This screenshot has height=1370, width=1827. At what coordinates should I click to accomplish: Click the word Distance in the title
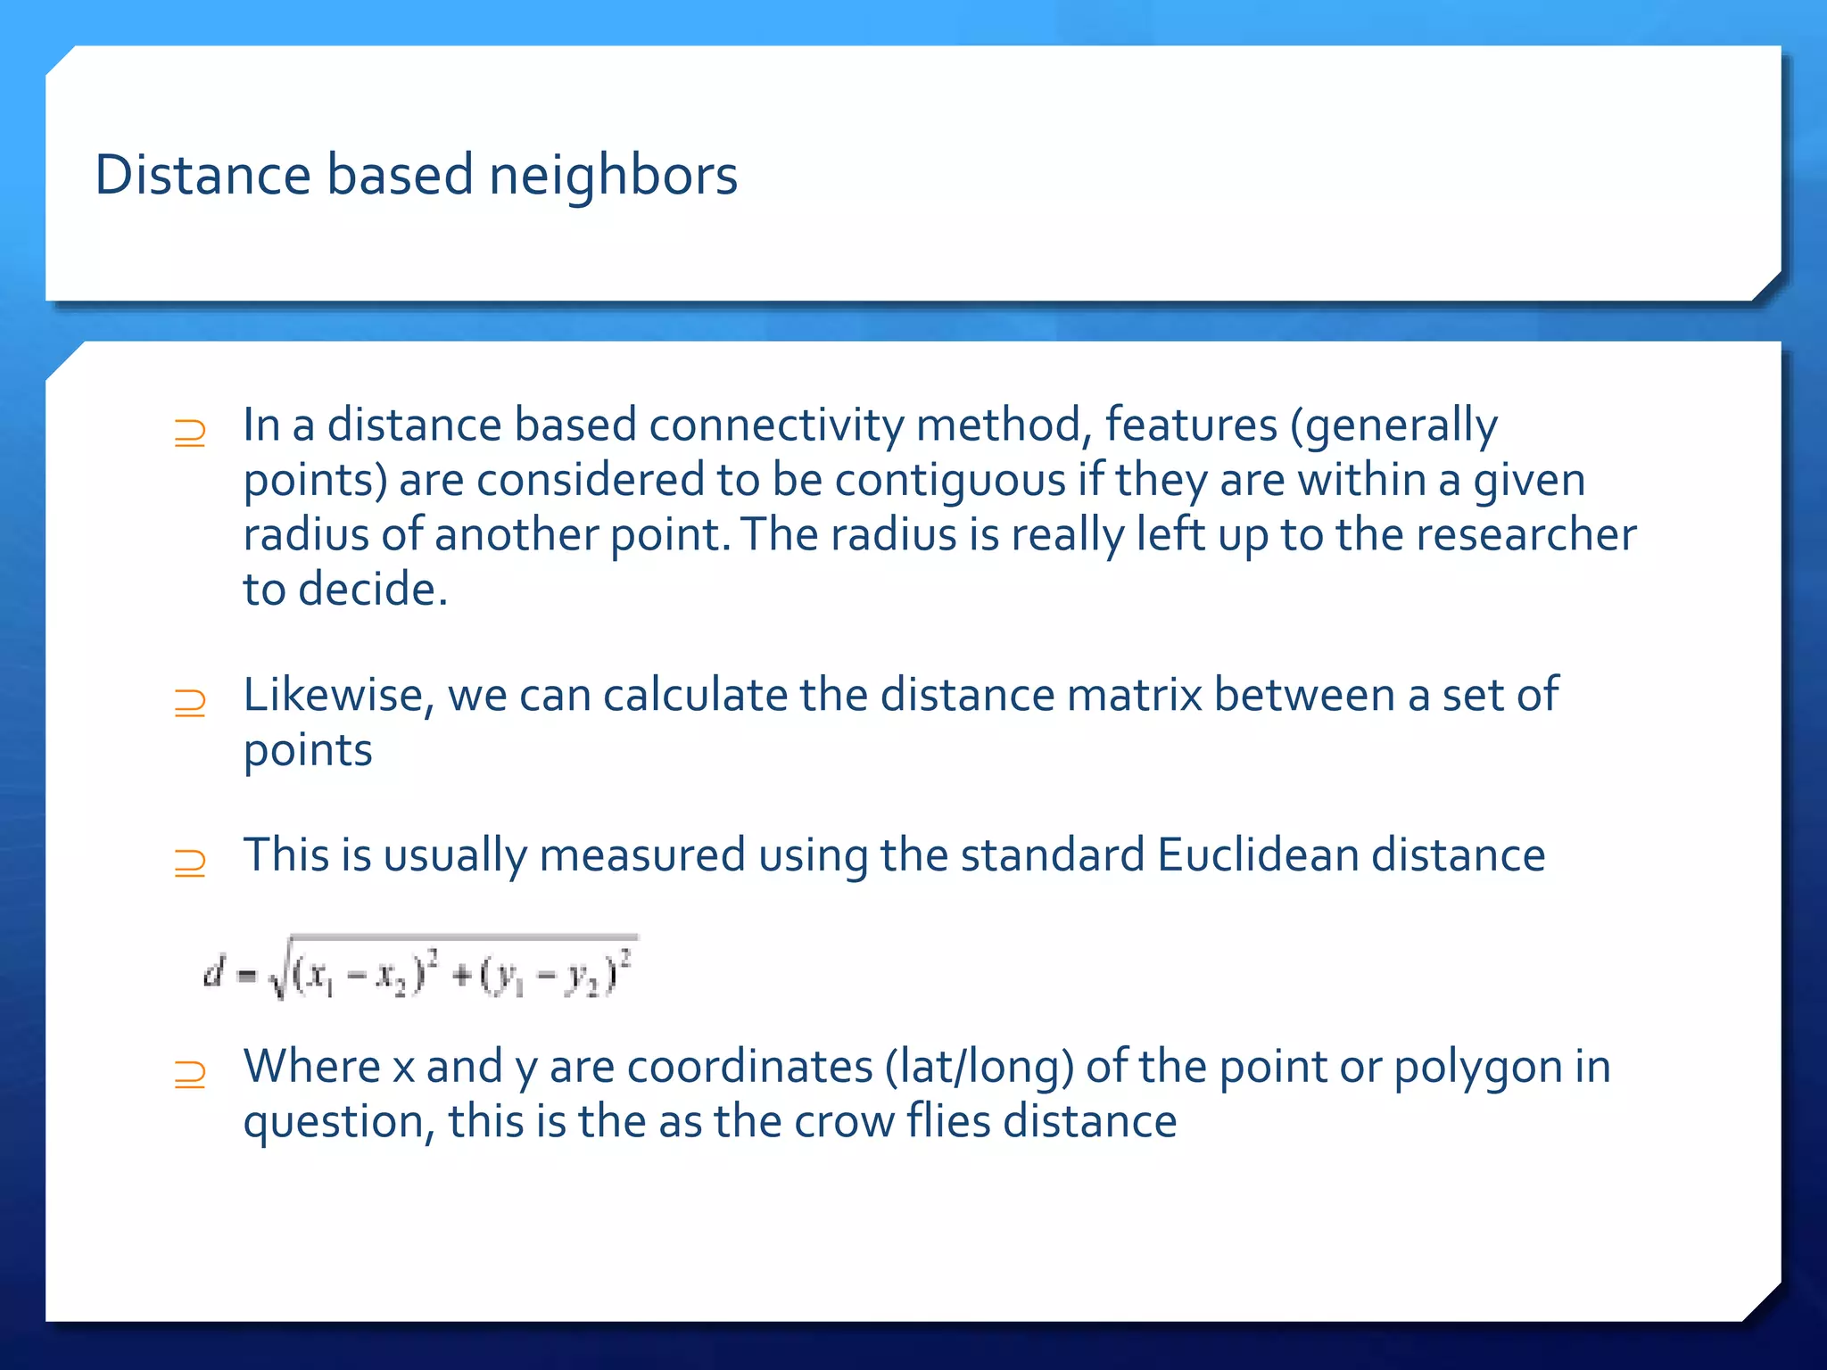click(203, 175)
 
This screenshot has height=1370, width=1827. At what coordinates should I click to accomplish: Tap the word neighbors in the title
click(613, 175)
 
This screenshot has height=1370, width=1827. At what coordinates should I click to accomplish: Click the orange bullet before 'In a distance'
click(190, 433)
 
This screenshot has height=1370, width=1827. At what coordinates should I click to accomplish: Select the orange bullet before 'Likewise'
click(190, 704)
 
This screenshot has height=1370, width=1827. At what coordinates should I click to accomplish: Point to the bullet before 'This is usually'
click(190, 863)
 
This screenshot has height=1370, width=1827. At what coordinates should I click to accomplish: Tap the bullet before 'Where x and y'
click(190, 1075)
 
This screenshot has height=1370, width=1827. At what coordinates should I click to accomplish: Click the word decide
click(372, 590)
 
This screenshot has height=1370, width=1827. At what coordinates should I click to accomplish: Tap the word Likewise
click(338, 696)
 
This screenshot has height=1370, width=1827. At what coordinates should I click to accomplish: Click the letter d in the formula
click(212, 972)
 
